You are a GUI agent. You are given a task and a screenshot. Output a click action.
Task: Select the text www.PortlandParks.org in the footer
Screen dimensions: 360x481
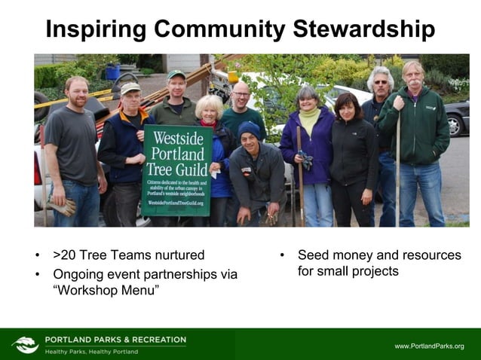click(x=429, y=346)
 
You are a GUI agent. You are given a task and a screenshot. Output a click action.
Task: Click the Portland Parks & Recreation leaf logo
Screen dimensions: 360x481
click(x=25, y=345)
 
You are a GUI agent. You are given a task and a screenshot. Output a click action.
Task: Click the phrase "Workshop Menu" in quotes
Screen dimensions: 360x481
click(x=106, y=291)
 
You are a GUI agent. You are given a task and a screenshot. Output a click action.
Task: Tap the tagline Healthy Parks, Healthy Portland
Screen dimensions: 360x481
click(x=91, y=352)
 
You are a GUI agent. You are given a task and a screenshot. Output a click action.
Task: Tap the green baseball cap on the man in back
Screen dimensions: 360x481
click(x=176, y=75)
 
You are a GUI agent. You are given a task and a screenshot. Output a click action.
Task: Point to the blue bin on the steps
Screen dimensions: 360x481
click(x=113, y=72)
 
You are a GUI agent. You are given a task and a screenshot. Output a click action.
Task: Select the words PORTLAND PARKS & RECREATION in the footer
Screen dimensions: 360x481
click(x=115, y=340)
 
